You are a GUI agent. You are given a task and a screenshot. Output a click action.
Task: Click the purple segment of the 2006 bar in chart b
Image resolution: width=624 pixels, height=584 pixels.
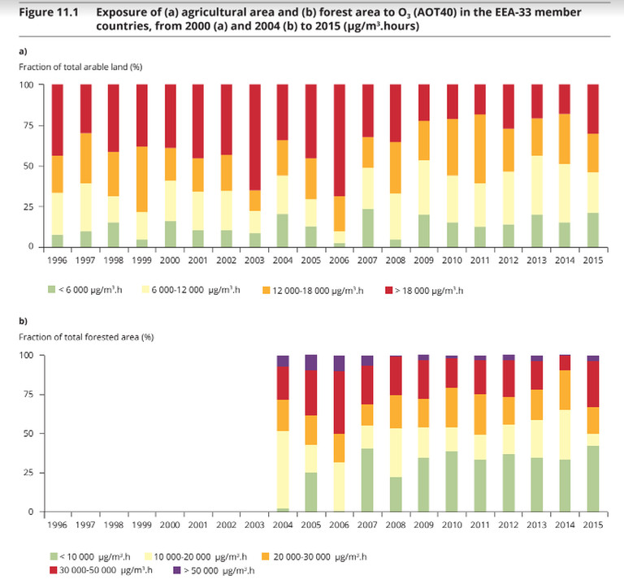[x=339, y=363]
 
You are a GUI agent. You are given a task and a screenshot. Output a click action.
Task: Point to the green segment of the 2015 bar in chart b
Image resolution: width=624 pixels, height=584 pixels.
[x=594, y=478]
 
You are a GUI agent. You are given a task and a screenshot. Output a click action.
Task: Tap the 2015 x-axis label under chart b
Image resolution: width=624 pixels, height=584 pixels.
[x=594, y=526]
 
